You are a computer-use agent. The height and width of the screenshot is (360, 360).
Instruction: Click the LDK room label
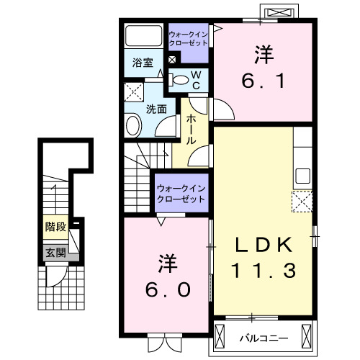[264, 246]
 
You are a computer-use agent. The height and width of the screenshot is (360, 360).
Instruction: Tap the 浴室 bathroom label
[142, 63]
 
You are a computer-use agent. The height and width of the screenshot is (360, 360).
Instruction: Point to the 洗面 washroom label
[156, 110]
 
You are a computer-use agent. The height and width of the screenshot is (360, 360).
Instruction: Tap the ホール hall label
[192, 130]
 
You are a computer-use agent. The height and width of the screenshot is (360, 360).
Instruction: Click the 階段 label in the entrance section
[55, 227]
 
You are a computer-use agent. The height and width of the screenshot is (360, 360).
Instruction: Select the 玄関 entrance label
[55, 252]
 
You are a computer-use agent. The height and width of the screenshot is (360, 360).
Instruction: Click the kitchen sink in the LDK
[302, 176]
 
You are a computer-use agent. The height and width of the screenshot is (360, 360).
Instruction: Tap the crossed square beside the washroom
[132, 91]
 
